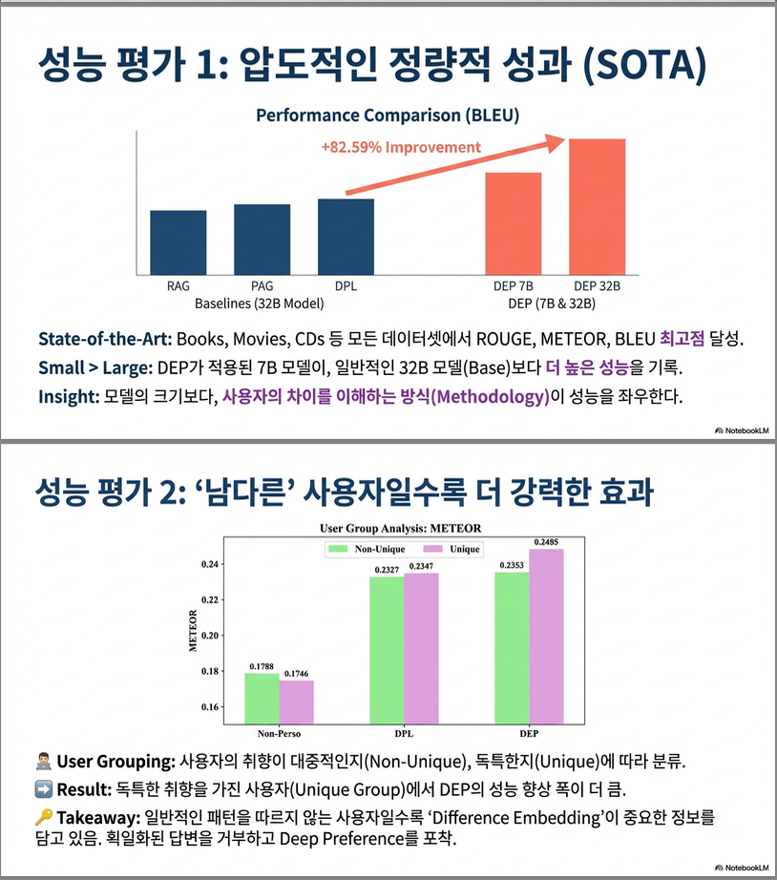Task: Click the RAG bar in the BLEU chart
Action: pyautogui.click(x=178, y=240)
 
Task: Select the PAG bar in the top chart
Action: pyautogui.click(x=262, y=237)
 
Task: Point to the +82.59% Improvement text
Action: pyautogui.click(x=401, y=148)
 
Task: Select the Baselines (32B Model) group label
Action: pyautogui.click(x=260, y=303)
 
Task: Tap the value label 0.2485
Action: pyautogui.click(x=547, y=542)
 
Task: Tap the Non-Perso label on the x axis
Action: pyautogui.click(x=280, y=734)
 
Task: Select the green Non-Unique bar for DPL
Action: pyautogui.click(x=387, y=650)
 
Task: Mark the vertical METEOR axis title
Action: pyautogui.click(x=193, y=630)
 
